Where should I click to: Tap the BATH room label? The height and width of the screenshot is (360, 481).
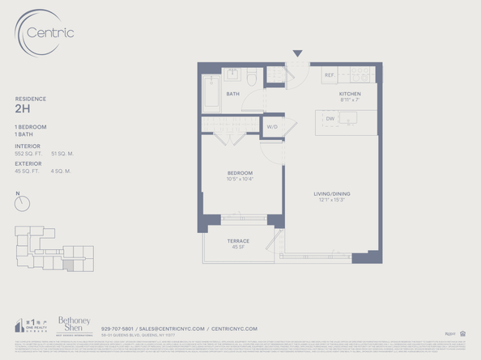(232, 94)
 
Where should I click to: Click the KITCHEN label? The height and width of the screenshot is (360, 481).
(350, 94)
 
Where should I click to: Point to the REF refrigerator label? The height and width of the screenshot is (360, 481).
(330, 75)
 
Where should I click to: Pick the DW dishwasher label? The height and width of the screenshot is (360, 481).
(330, 119)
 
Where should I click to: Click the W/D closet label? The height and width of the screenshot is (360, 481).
(273, 127)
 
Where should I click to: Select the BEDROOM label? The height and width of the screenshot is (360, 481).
(240, 173)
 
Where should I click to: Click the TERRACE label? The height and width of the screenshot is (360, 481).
(238, 241)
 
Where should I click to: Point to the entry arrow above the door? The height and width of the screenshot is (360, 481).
(297, 53)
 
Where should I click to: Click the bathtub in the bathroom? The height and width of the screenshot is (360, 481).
(211, 94)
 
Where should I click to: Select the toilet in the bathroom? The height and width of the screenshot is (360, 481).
(252, 78)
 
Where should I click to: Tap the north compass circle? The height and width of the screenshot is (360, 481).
(22, 204)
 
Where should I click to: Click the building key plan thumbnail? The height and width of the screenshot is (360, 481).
(53, 248)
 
